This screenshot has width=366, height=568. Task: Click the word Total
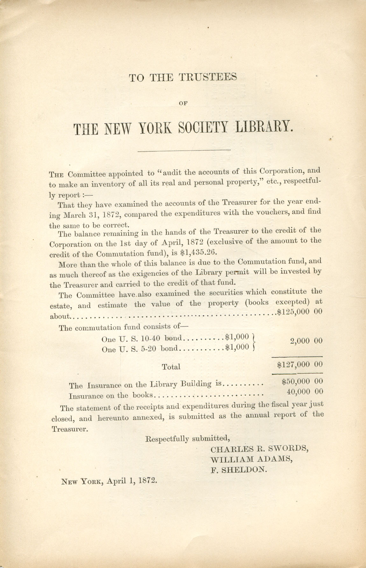click(x=171, y=367)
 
